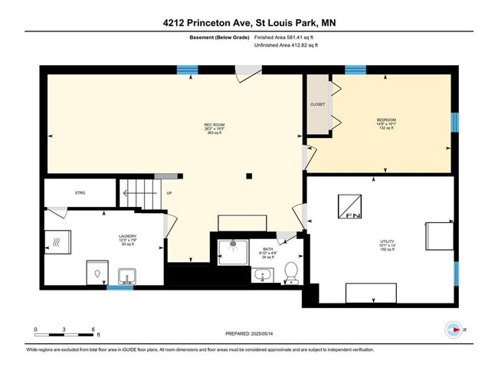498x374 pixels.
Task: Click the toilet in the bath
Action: click(x=290, y=272)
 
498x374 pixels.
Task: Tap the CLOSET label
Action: click(x=317, y=104)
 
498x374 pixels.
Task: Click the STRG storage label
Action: click(x=80, y=192)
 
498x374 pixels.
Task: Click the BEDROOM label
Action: click(x=385, y=120)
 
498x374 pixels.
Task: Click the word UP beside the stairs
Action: click(x=169, y=192)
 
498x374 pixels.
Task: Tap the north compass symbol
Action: click(x=455, y=330)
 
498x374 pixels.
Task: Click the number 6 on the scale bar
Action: click(x=93, y=329)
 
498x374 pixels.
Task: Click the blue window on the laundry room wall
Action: click(x=119, y=287)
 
